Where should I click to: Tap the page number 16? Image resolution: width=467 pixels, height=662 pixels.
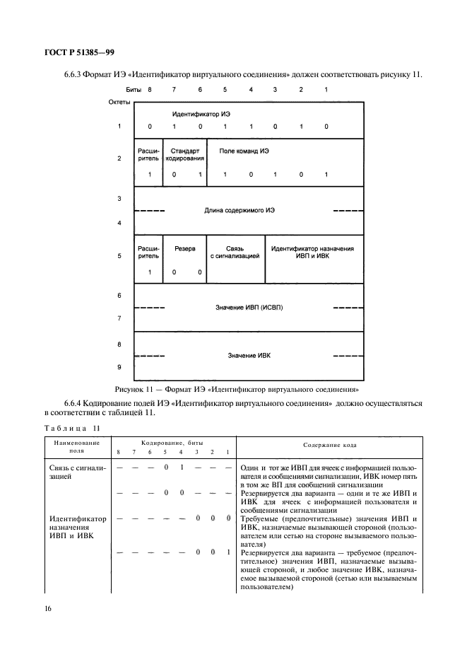tap(49, 608)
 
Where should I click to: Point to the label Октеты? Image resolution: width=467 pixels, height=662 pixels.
tap(119, 102)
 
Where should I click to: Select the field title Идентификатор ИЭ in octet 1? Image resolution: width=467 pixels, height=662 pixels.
tap(201, 114)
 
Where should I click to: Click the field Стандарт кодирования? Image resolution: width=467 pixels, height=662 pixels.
tap(184, 155)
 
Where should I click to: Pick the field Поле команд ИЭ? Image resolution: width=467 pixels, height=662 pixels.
tap(244, 151)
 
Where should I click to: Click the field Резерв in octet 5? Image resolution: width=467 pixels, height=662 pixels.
tap(184, 249)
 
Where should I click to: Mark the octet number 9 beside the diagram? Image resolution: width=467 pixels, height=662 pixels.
tap(119, 367)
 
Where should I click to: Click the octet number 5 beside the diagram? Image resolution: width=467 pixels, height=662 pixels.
tap(119, 256)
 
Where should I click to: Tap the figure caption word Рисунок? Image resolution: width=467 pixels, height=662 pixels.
tap(130, 388)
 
